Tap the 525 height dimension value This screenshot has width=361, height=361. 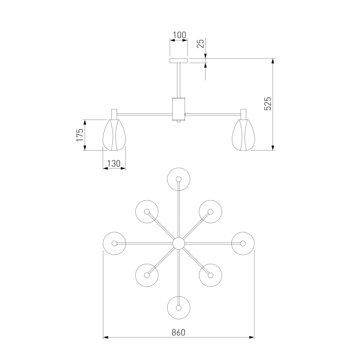(268, 103)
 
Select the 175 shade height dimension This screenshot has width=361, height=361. (79, 135)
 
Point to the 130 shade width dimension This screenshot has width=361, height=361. (114, 164)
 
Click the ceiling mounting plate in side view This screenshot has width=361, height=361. (179, 61)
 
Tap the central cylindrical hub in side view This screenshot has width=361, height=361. (178, 109)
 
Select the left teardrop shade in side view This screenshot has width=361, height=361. (114, 135)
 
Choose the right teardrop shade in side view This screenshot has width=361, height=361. (243, 135)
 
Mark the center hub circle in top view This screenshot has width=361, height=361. (179, 243)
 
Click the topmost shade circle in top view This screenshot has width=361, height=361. (179, 179)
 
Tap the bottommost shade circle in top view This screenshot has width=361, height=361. (179, 308)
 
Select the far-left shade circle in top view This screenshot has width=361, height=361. (114, 243)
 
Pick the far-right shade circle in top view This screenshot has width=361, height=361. (243, 243)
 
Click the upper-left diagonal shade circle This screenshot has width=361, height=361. (147, 211)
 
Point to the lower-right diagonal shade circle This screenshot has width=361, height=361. (211, 275)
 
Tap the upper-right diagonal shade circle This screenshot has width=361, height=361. (211, 211)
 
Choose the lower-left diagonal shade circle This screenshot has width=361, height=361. (147, 275)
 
